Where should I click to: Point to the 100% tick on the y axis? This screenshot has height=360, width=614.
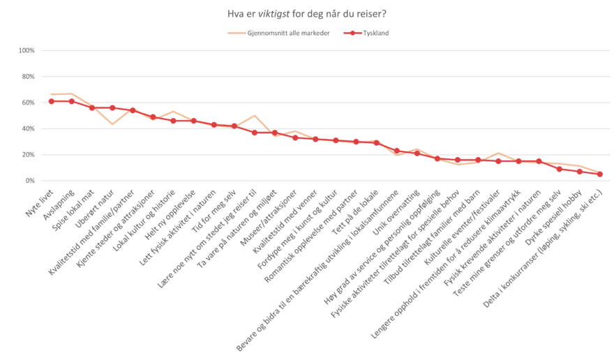(x=27, y=50)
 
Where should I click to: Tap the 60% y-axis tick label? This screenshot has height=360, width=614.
(x=28, y=103)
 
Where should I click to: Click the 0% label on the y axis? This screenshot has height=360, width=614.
(x=30, y=181)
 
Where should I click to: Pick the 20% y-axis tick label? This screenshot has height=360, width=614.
(x=28, y=155)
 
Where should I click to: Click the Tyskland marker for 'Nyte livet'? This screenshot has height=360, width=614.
(x=51, y=101)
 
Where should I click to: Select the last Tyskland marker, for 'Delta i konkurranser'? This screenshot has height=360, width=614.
(x=599, y=174)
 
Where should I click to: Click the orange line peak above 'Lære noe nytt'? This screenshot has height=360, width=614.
(x=255, y=116)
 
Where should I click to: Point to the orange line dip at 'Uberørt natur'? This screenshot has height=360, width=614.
(x=112, y=124)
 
